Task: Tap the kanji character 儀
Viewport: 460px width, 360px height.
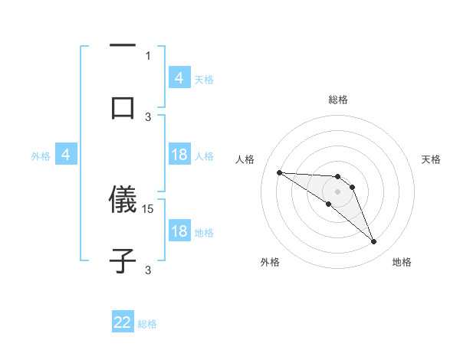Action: click(123, 201)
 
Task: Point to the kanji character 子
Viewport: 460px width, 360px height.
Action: click(123, 260)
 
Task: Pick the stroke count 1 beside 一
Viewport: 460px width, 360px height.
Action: click(148, 55)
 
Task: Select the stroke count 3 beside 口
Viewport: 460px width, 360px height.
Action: click(148, 116)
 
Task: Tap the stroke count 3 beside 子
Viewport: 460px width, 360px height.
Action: click(148, 270)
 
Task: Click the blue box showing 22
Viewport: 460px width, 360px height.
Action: click(123, 322)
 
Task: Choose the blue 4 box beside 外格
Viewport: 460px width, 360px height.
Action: click(66, 155)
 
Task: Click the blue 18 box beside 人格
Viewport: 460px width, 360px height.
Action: click(179, 155)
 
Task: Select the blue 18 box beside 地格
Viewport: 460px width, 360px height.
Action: click(179, 231)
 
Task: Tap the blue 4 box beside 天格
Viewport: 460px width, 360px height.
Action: click(179, 77)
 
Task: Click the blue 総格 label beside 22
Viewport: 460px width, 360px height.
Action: click(147, 324)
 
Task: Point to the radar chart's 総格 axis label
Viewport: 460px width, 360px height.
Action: click(338, 100)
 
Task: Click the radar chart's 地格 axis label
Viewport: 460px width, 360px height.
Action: click(402, 262)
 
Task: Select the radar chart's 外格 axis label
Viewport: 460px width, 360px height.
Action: click(270, 262)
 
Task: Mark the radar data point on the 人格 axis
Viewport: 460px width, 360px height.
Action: click(279, 172)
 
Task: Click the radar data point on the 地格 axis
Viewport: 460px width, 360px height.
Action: click(373, 242)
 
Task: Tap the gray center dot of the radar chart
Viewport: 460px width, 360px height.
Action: click(337, 191)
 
